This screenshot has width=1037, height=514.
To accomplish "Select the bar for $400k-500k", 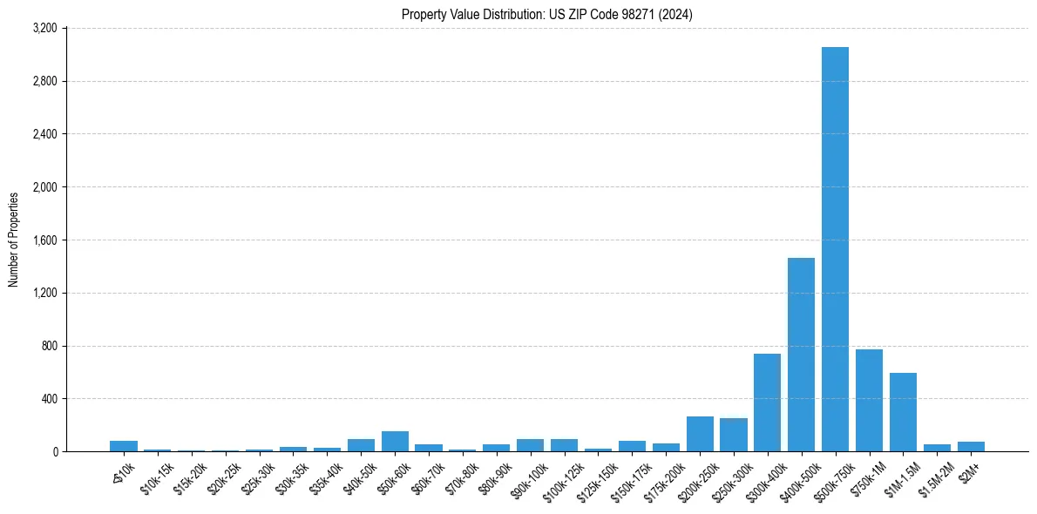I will pos(801,355).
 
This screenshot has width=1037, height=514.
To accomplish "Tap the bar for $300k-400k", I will pos(767,402).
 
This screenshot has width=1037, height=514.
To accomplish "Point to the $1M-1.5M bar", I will pos(903,412).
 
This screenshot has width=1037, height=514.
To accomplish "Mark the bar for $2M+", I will pos(971,447).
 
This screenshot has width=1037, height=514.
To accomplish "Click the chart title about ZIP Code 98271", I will pos(546,15).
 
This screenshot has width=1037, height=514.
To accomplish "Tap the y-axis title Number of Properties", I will pos(14,240).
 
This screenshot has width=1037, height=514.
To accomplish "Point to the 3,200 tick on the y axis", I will pos(44,29).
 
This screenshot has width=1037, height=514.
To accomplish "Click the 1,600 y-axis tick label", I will pos(44,240).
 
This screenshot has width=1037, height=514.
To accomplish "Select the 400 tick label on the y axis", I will pos(49,399).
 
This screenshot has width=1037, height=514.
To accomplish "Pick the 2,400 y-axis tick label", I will pos(44,134).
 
